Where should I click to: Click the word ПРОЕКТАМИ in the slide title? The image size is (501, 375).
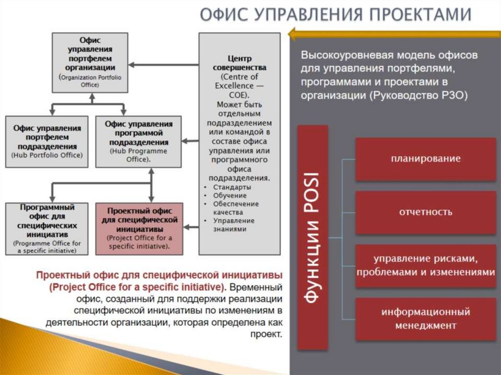(x=420, y=15)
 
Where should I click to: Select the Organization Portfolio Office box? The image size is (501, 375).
(x=90, y=62)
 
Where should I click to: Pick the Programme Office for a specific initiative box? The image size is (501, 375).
(x=47, y=228)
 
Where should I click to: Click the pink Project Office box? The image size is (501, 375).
(x=139, y=228)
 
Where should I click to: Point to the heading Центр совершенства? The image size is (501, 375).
(x=240, y=63)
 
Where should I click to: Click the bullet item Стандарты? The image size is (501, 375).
(x=232, y=187)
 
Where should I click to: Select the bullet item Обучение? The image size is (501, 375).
(x=230, y=196)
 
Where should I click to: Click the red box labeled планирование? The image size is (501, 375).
(x=425, y=159)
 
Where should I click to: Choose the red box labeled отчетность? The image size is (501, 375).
(x=425, y=212)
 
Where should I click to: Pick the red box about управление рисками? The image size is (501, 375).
(x=425, y=265)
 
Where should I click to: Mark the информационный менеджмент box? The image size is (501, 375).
(x=425, y=319)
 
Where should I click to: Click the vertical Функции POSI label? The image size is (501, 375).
(x=313, y=237)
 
